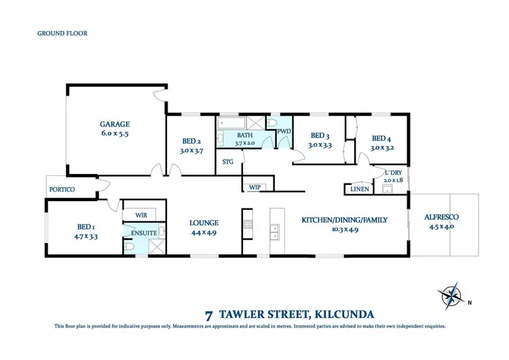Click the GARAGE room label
(x=115, y=124)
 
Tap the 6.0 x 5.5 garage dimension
(x=115, y=134)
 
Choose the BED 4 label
(x=382, y=137)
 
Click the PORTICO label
(x=62, y=190)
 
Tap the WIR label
(x=142, y=215)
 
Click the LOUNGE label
(x=204, y=223)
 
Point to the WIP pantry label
(x=255, y=186)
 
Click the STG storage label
(x=228, y=161)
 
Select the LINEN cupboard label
(x=360, y=189)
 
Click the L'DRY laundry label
(x=393, y=173)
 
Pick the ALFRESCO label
(x=440, y=217)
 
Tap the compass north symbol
(x=449, y=295)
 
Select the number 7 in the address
(x=208, y=314)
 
